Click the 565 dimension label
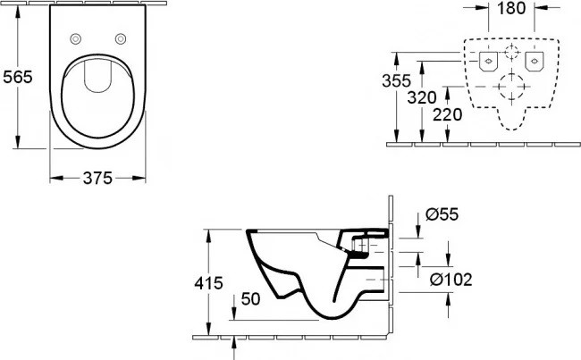pos(18,77)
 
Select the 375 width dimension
pos(97,178)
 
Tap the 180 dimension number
pos(511,8)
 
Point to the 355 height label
pos(397,80)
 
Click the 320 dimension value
pos(422,97)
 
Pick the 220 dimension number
pos(447,114)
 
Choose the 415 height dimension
pos(208,283)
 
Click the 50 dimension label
pos(251,299)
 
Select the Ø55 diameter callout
pos(442,214)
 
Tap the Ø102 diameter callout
pos(450,280)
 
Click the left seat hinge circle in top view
pos(76,38)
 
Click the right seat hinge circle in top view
pos(121,38)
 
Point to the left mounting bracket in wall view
pos(488,61)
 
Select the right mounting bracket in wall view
pos(534,61)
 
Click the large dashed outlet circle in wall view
pos(511,87)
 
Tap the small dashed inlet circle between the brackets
pos(511,52)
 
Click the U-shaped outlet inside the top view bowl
pos(97,75)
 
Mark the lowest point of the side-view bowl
pos(333,319)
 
